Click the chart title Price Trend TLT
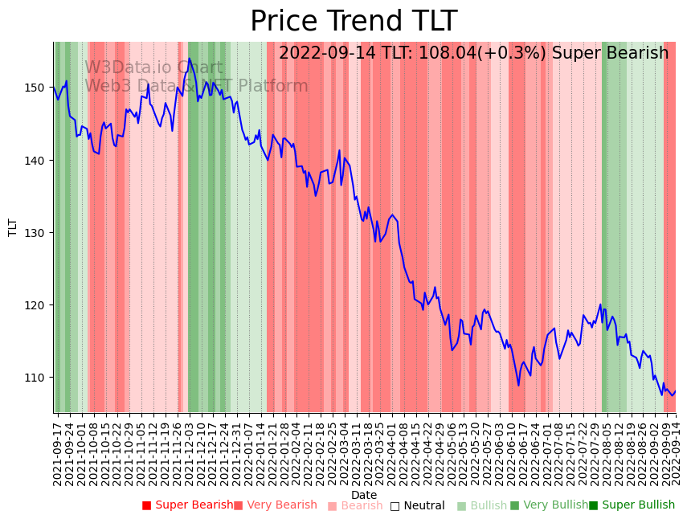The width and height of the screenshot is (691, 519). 354,22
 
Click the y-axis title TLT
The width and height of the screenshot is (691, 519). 13,227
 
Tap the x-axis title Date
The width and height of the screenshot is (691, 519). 364,495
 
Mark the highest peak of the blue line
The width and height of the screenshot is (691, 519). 190,58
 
